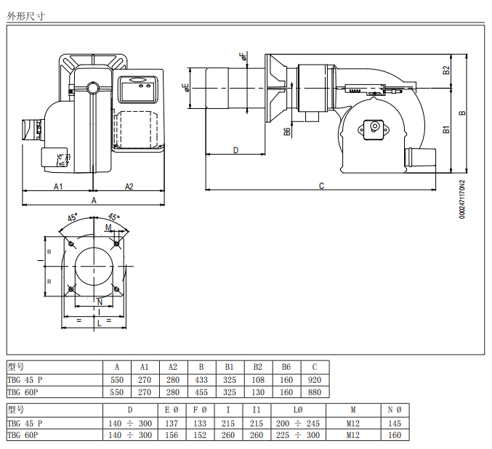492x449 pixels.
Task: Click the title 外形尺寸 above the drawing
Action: [25, 16]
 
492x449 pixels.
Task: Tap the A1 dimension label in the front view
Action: [58, 187]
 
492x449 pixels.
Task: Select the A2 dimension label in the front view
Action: [129, 187]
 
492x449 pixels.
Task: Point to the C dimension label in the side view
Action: [321, 186]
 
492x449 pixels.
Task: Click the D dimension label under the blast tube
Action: [236, 150]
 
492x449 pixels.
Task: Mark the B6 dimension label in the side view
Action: [287, 132]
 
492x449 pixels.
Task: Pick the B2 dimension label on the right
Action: [446, 70]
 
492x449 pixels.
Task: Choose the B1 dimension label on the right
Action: [446, 129]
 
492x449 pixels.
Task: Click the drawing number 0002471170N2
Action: [462, 199]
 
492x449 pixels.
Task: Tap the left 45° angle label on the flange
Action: [73, 217]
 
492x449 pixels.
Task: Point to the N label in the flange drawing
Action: [100, 302]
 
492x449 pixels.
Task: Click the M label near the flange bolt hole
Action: [108, 227]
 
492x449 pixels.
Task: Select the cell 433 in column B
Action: [201, 380]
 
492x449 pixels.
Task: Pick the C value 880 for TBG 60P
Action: [315, 392]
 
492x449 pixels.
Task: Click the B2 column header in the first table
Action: [258, 367]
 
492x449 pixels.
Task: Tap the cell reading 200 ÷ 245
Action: [298, 424]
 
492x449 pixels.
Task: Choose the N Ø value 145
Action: [395, 424]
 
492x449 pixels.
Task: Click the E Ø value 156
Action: [172, 435]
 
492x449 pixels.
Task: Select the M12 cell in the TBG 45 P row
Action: [352, 424]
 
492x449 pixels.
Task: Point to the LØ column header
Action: [298, 410]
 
